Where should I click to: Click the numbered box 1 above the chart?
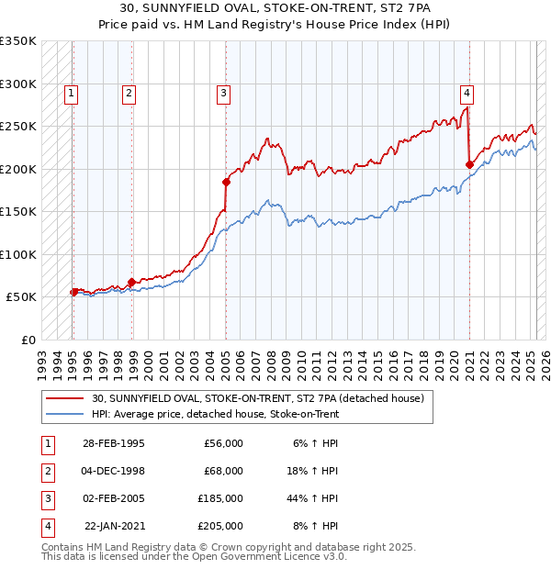[x=72, y=92]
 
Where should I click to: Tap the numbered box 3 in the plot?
[x=223, y=92]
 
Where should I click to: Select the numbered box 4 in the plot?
[x=467, y=92]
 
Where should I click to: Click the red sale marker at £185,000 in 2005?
[x=226, y=182]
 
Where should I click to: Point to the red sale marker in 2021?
[x=469, y=164]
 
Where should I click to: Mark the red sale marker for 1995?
[x=73, y=292]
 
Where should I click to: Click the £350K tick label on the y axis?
[x=18, y=41]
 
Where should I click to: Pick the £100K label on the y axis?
[x=18, y=254]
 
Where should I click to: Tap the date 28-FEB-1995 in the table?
[x=113, y=443]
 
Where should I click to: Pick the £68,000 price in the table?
[x=223, y=471]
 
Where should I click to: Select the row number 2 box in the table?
[x=47, y=471]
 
